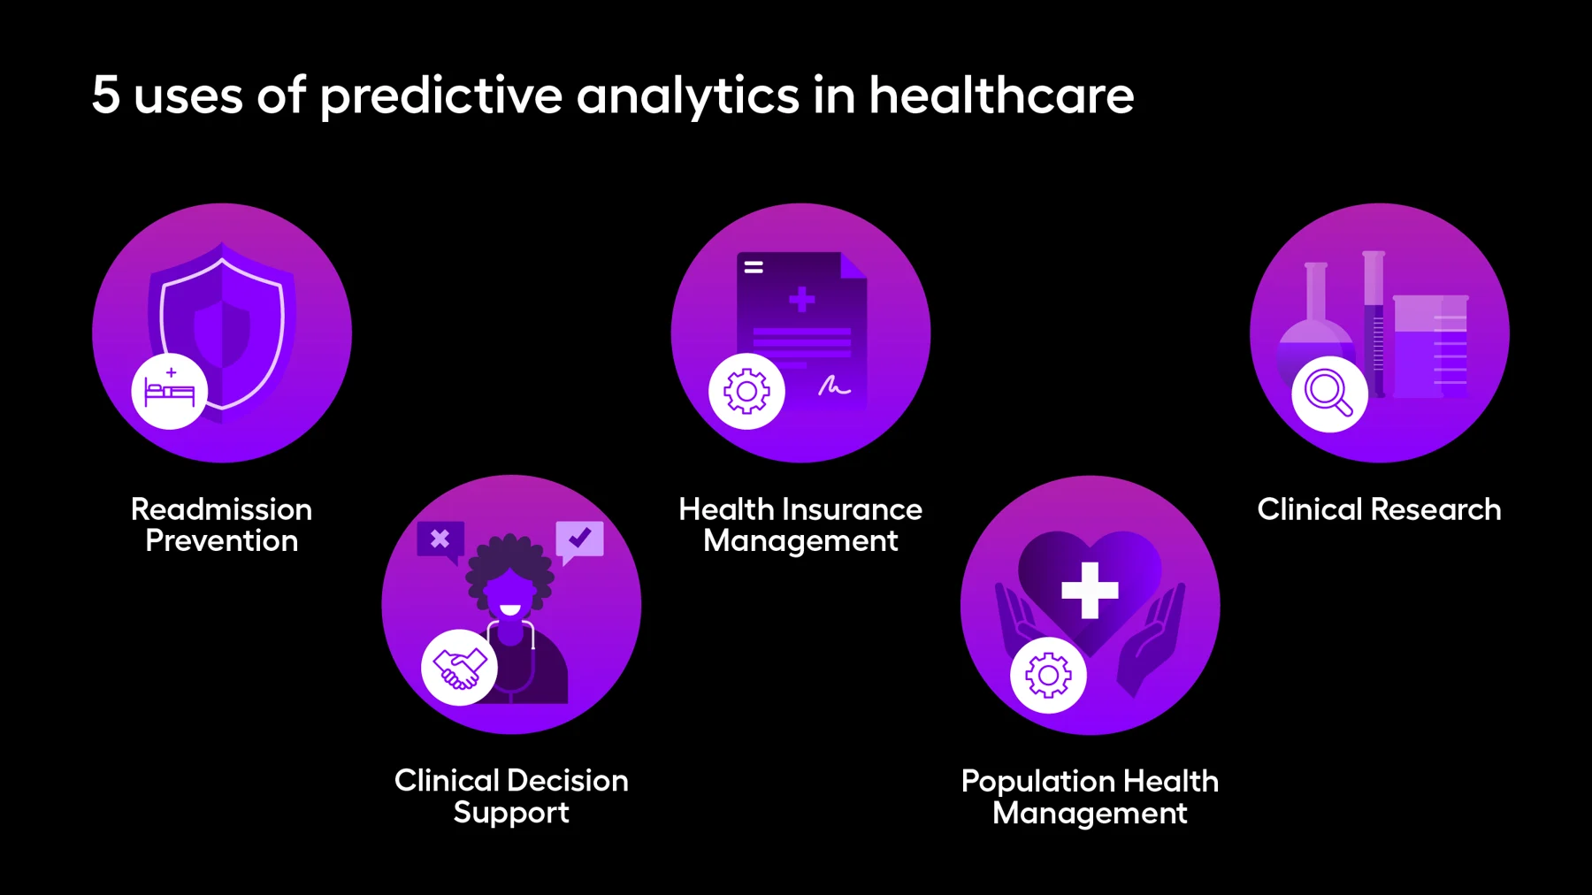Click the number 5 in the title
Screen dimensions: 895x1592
tap(105, 95)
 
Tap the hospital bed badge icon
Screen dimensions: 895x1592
tap(170, 391)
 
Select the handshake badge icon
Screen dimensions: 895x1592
tap(459, 667)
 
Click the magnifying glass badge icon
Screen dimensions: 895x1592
tap(1329, 393)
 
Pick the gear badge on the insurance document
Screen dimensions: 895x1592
tap(746, 391)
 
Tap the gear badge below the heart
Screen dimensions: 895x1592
tap(1048, 675)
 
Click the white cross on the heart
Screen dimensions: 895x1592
tap(1090, 590)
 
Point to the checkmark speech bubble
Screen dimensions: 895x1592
tap(579, 539)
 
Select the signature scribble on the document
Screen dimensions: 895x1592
tap(833, 386)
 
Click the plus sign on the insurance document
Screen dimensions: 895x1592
tap(802, 300)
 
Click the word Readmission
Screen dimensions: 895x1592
tap(221, 509)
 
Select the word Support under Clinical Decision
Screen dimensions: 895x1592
tap(511, 813)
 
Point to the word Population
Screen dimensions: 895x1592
tap(1025, 781)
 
